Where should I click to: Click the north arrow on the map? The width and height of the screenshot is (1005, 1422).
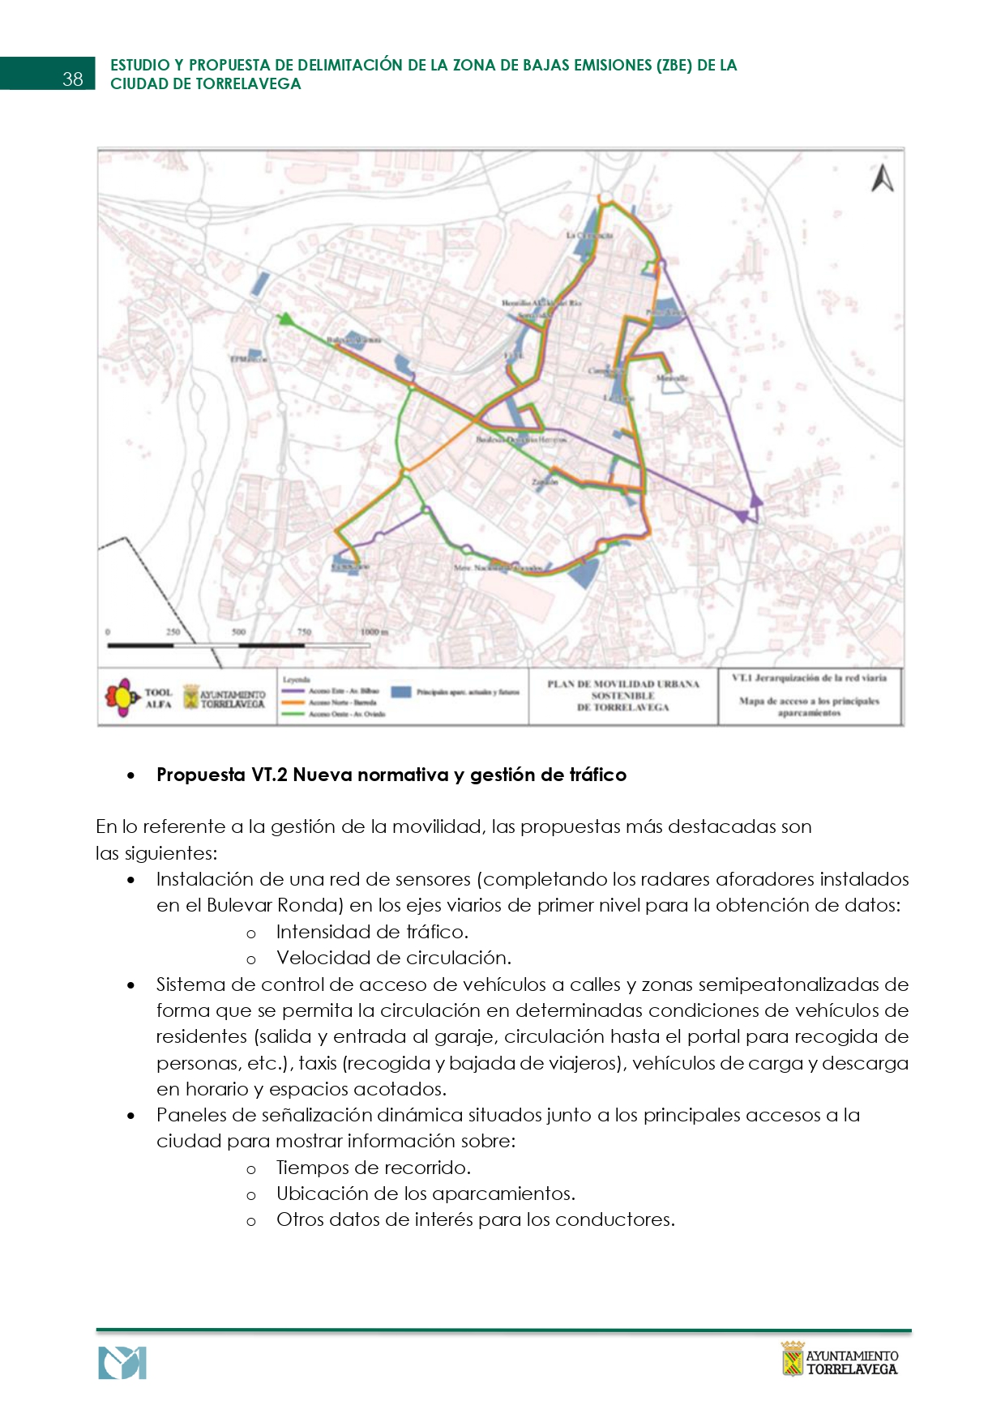tap(882, 178)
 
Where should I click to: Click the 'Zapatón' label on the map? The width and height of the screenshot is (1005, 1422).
tap(545, 481)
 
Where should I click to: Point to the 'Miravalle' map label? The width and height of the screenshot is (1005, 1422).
tap(672, 378)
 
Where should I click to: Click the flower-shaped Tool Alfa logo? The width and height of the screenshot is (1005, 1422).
tap(122, 698)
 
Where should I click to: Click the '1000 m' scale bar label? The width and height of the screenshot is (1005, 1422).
tap(374, 632)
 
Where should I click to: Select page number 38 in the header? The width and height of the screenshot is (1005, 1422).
tap(73, 79)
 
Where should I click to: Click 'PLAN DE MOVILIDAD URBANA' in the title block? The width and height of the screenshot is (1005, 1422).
tap(622, 684)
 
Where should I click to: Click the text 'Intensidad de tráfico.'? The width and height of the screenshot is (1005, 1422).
tap(372, 932)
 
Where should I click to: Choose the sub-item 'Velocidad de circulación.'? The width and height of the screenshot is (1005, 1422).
tap(393, 958)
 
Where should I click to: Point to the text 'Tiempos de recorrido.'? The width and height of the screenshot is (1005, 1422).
tap(373, 1168)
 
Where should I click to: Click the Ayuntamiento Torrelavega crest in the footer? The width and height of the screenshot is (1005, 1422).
tap(792, 1359)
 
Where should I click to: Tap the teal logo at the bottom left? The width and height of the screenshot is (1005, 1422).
tap(122, 1363)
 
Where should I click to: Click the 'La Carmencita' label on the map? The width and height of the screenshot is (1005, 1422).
tap(589, 235)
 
